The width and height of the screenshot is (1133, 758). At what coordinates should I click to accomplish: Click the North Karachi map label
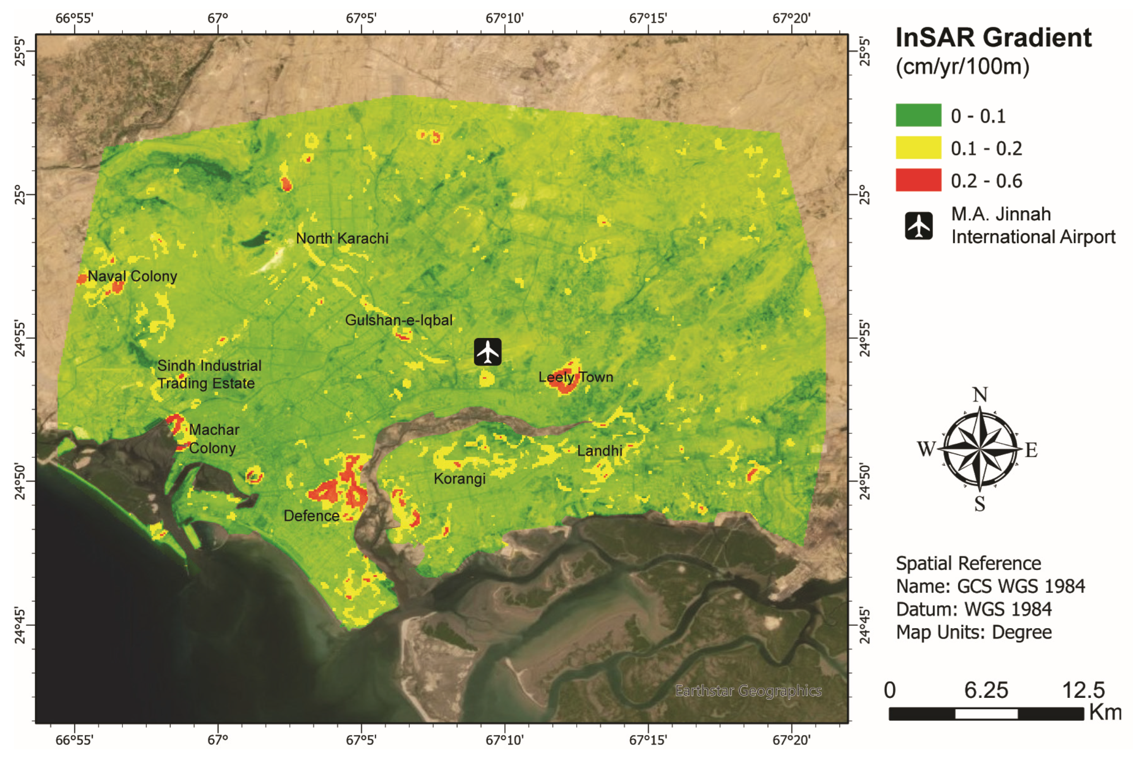click(342, 238)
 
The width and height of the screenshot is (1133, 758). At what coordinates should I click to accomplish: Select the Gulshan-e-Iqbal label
click(399, 320)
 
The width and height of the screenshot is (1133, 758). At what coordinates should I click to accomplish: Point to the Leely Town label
click(576, 377)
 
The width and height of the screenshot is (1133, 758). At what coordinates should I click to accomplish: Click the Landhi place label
click(599, 451)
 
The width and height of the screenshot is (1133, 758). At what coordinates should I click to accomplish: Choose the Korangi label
click(459, 479)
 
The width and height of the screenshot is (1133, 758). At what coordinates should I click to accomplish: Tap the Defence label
click(311, 516)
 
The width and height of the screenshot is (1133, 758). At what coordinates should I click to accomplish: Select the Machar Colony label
click(213, 439)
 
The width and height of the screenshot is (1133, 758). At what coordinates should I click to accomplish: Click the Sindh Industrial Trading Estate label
click(209, 374)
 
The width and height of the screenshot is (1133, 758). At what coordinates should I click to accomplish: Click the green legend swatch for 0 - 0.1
click(918, 115)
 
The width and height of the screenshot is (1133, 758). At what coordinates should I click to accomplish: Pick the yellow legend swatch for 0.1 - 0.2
click(918, 147)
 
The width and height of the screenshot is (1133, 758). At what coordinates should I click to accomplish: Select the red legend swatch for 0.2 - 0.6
click(918, 180)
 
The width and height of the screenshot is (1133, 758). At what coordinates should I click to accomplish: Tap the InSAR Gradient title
click(993, 38)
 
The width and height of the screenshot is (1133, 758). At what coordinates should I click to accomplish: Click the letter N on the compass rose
click(979, 395)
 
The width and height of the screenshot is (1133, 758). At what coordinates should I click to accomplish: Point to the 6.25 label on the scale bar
click(986, 690)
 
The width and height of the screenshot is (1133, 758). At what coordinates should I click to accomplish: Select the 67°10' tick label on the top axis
click(504, 18)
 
